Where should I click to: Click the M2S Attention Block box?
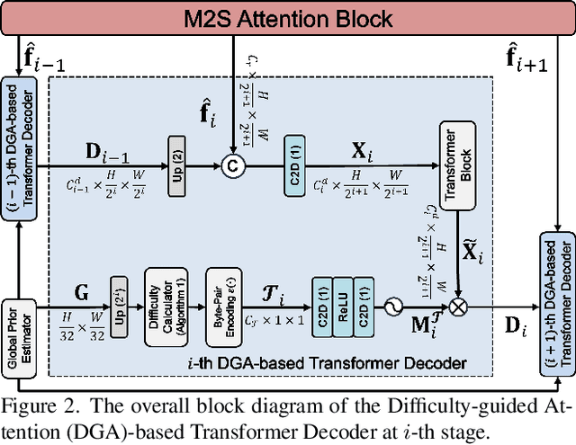tap(287, 18)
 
